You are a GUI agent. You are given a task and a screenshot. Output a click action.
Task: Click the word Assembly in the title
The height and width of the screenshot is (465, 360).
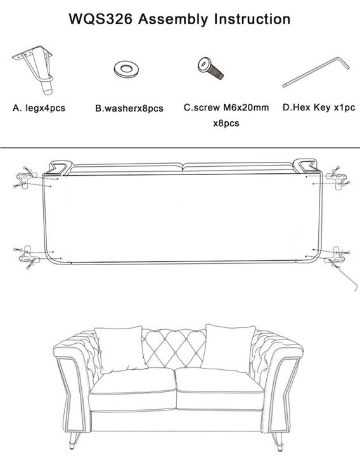click(x=173, y=20)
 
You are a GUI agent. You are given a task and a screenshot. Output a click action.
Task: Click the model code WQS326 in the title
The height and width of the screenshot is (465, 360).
click(x=101, y=20)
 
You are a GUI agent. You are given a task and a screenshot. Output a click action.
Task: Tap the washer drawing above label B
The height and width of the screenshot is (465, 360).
click(x=127, y=69)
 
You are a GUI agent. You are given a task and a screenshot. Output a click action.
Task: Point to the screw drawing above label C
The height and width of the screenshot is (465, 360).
click(x=210, y=69)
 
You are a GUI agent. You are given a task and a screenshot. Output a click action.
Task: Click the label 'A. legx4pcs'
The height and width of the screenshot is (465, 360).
click(x=39, y=108)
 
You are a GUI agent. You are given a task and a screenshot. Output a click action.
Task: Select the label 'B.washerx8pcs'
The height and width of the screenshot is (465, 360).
click(x=129, y=108)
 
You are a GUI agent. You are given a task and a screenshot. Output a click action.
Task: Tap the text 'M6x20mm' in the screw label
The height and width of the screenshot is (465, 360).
click(x=246, y=107)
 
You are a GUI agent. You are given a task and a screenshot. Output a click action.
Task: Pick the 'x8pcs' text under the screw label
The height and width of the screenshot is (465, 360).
click(x=226, y=123)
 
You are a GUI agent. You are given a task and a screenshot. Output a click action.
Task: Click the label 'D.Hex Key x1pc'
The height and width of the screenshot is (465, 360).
click(x=319, y=107)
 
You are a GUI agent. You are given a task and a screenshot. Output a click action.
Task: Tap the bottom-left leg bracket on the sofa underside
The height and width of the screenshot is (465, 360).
click(x=27, y=256)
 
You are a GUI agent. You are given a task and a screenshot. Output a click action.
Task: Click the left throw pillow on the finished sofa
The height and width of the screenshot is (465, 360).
click(x=120, y=350)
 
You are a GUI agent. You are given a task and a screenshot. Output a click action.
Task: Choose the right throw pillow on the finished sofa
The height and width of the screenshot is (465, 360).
click(x=228, y=348)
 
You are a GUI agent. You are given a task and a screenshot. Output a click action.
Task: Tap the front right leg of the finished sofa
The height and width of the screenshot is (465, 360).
click(x=278, y=442)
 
